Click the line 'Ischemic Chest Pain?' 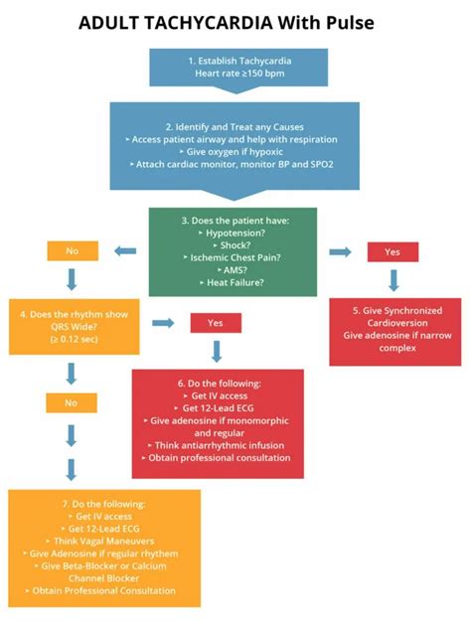[235, 255]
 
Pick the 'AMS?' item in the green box [235, 269]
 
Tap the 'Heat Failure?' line [235, 283]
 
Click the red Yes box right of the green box [393, 251]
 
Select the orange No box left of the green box [72, 251]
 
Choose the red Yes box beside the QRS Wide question [216, 323]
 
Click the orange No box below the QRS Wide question [72, 404]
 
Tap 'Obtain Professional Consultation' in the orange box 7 [103, 590]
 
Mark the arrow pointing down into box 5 [393, 279]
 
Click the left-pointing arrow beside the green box [126, 251]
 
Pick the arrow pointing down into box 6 [216, 351]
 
